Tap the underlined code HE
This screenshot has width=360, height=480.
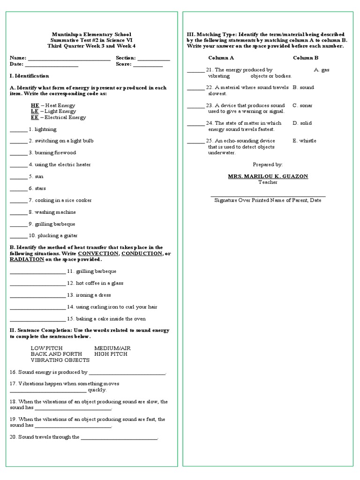pyautogui.click(x=35, y=105)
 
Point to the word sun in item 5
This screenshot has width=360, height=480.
pyautogui.click(x=39, y=176)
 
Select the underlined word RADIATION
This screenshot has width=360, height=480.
pyautogui.click(x=27, y=259)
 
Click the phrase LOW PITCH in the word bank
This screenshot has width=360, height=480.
pyautogui.click(x=46, y=348)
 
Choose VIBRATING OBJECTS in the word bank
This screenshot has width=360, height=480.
pyautogui.click(x=60, y=360)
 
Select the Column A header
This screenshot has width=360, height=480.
pyautogui.click(x=221, y=58)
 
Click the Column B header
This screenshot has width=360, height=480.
pyautogui.click(x=306, y=58)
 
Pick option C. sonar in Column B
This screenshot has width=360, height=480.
pyautogui.click(x=302, y=105)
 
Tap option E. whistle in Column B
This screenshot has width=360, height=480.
pyautogui.click(x=304, y=141)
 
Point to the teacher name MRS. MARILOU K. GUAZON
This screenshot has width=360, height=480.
pyautogui.click(x=268, y=176)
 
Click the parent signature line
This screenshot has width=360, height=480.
pyautogui.click(x=268, y=196)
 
